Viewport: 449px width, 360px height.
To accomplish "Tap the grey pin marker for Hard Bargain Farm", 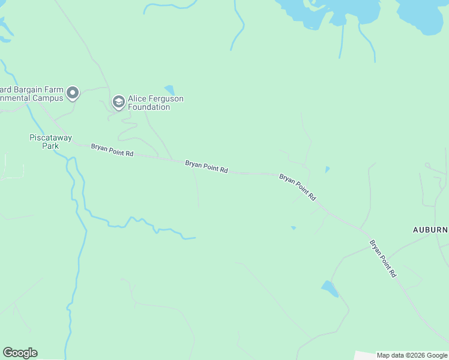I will (x=73, y=93).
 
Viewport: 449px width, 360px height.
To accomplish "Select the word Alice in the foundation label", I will (x=138, y=99).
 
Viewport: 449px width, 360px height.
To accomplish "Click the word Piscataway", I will (x=51, y=137).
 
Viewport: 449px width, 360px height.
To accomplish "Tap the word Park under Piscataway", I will (x=51, y=146).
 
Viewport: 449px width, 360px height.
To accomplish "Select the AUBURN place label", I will (x=430, y=230).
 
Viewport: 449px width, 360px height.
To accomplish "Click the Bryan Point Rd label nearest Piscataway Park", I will (x=112, y=150).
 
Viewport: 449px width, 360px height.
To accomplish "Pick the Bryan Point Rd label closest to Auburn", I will (x=382, y=258).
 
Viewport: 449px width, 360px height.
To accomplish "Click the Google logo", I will (x=20, y=353).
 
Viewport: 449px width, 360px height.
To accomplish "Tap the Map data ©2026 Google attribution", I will (x=412, y=355).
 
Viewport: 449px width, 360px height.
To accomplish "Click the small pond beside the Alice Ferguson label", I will (x=169, y=90).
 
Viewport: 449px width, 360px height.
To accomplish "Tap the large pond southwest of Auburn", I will (x=330, y=289).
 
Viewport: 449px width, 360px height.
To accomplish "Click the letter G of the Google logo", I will (x=8, y=353).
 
